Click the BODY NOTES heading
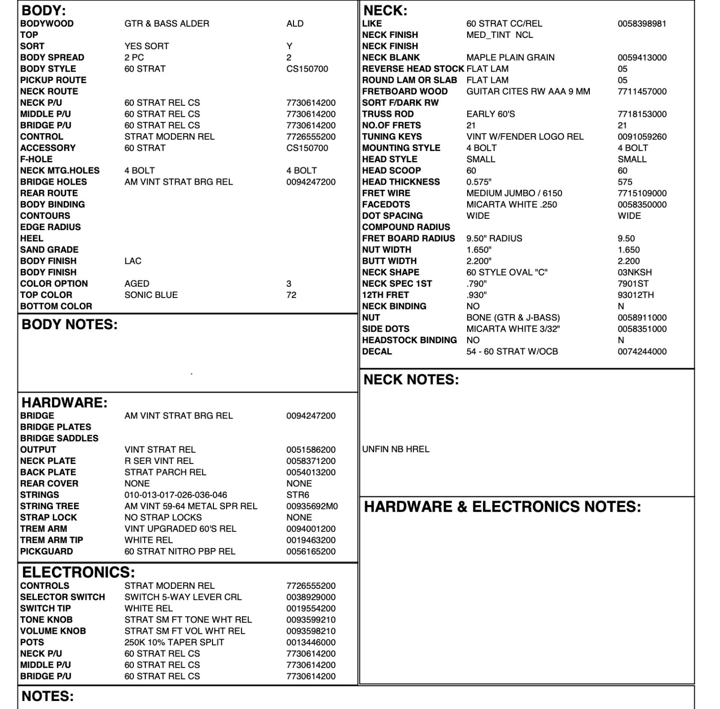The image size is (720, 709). (x=69, y=325)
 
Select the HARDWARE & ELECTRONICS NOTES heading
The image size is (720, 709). (x=502, y=507)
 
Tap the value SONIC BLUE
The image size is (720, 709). (x=151, y=295)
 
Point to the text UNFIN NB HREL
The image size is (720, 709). (x=396, y=449)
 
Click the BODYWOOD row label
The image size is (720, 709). (x=47, y=24)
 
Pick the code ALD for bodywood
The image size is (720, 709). (x=295, y=24)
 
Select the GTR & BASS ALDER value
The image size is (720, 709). (x=167, y=24)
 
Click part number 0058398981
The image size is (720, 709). (x=641, y=24)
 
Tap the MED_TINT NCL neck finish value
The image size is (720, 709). (x=500, y=35)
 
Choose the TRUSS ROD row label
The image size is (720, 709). (x=388, y=114)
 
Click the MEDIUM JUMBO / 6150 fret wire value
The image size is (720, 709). (x=514, y=193)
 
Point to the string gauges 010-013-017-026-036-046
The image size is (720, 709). (x=176, y=495)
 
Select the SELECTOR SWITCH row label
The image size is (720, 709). (x=62, y=597)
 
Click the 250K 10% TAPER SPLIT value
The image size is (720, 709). (x=174, y=643)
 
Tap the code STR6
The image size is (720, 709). (x=298, y=495)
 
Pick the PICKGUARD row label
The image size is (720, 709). (x=46, y=551)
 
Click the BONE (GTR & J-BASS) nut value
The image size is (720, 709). (x=513, y=318)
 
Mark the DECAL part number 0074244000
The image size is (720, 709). (x=642, y=352)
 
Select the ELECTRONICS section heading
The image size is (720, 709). (x=78, y=572)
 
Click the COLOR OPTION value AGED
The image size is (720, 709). (x=137, y=284)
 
